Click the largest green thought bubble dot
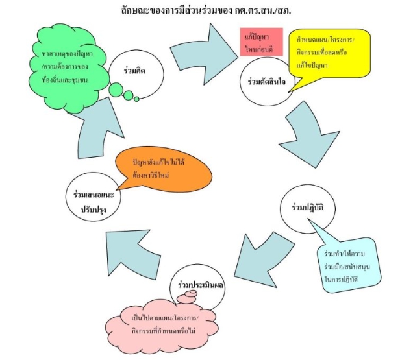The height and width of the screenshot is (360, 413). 118,89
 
